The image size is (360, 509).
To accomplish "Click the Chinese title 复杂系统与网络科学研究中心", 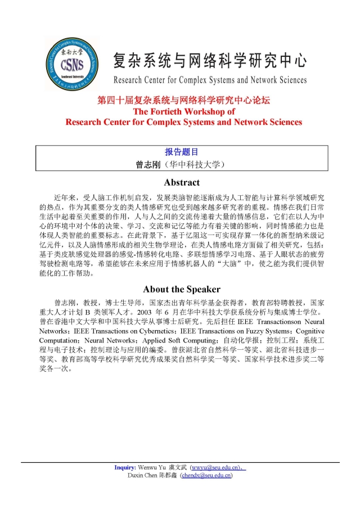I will click(209, 58).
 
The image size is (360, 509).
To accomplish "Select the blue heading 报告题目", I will click(181, 152).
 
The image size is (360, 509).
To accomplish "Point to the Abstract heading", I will click(181, 182).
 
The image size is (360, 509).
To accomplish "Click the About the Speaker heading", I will click(181, 289).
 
